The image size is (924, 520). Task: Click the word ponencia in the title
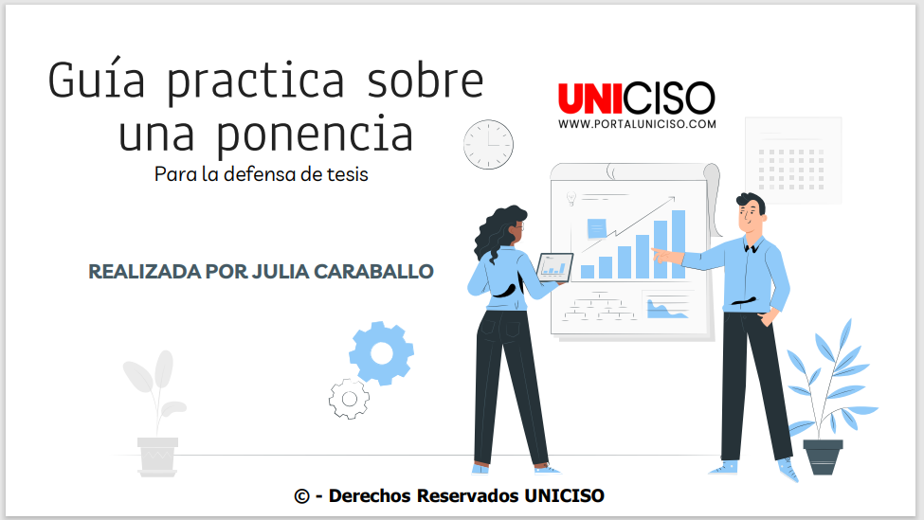[x=315, y=135]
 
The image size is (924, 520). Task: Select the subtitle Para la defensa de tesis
[x=261, y=174]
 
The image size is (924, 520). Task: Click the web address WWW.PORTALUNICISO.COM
[x=637, y=124]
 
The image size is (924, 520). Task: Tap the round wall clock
[x=488, y=144]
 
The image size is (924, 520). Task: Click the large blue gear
[x=381, y=353]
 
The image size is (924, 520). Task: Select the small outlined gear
[x=350, y=399]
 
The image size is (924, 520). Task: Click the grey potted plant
[x=155, y=413]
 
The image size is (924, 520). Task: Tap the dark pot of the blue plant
[x=823, y=457]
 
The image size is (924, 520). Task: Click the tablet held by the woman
[x=554, y=267]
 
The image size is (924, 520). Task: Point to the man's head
[x=751, y=213]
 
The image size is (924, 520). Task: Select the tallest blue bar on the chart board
[x=679, y=244]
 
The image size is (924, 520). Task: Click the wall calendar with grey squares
[x=793, y=160]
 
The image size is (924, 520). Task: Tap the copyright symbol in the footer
[x=301, y=496]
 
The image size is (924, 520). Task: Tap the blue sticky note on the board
[x=597, y=228]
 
